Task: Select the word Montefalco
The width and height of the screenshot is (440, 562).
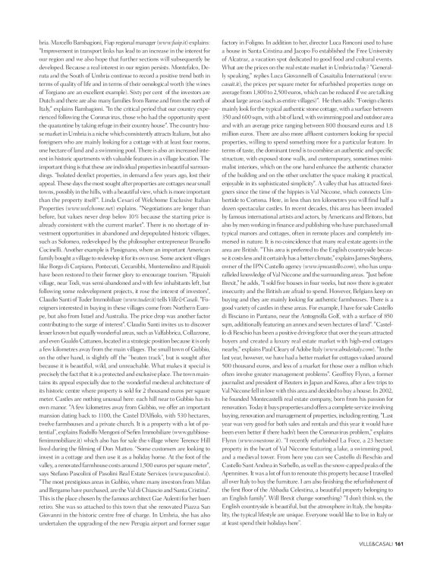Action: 177,62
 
